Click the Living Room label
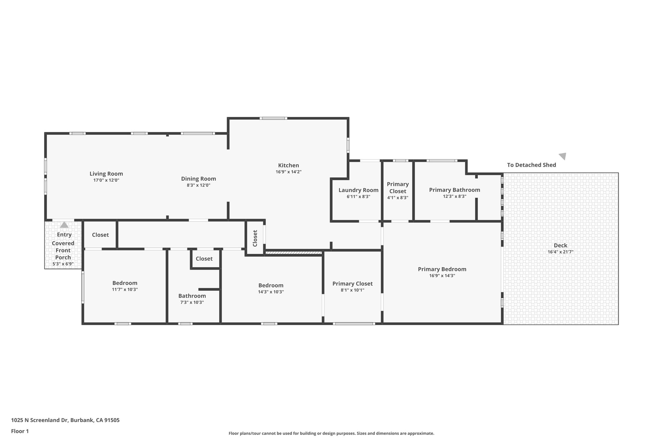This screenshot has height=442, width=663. click(106, 174)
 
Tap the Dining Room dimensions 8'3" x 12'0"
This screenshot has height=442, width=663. click(198, 185)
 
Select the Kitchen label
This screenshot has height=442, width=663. click(288, 165)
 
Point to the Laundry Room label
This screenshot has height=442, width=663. click(358, 190)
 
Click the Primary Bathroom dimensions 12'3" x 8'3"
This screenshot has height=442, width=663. click(455, 196)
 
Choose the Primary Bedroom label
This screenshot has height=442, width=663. click(442, 269)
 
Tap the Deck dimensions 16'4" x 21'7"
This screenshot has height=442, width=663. click(560, 252)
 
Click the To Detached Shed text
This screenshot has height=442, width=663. click(532, 165)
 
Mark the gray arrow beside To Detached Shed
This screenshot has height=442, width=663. click(563, 156)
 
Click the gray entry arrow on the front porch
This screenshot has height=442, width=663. click(64, 225)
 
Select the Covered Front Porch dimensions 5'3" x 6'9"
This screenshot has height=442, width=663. click(63, 264)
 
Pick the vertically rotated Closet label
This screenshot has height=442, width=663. click(255, 238)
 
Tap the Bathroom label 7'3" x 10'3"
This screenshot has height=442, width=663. click(192, 296)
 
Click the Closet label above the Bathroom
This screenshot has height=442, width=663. click(204, 259)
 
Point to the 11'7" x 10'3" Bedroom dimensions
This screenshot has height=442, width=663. click(125, 289)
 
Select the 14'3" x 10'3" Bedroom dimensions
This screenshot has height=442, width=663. click(271, 292)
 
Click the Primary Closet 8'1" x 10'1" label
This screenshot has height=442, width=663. click(353, 284)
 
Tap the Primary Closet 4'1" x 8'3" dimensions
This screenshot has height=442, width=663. click(398, 198)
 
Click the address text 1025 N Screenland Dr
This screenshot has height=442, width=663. click(39, 420)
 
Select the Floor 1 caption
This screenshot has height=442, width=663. click(20, 431)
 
